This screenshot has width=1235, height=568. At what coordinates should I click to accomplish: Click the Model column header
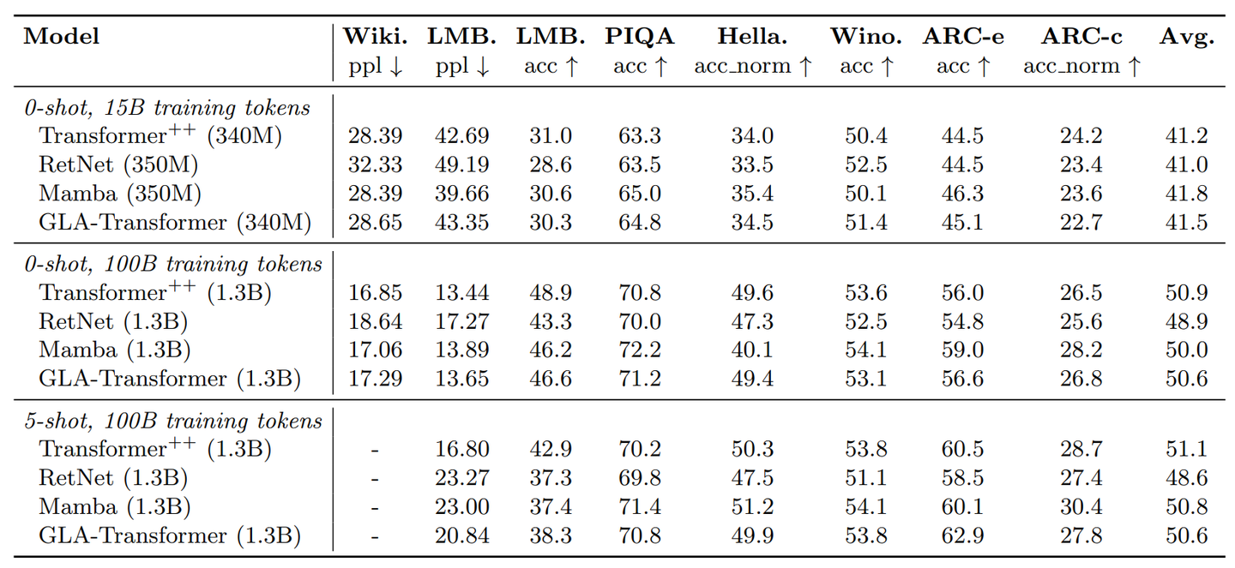[62, 37]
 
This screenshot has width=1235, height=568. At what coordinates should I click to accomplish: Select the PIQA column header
[640, 37]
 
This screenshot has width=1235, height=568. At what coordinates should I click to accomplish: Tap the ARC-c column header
[1081, 37]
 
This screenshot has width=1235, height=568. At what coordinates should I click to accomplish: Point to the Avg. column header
[1187, 37]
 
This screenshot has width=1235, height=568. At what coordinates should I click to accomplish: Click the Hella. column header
[752, 37]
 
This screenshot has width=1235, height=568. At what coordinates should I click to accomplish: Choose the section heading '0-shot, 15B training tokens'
[166, 108]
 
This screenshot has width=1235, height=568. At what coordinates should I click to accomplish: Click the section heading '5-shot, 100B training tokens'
[172, 421]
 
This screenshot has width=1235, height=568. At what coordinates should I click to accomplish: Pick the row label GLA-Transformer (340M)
[175, 223]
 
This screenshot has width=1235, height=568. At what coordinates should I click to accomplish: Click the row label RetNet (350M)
[118, 164]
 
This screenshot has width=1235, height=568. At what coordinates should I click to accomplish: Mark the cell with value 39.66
[462, 194]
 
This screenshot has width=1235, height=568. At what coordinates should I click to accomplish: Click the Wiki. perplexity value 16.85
[375, 293]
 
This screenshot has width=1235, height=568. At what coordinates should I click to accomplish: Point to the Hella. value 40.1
[752, 350]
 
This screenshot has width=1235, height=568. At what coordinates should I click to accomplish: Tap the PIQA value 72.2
[639, 350]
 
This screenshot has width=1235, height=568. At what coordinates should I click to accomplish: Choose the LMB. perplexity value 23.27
[462, 478]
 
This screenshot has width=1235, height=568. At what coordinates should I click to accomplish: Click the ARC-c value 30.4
[1081, 507]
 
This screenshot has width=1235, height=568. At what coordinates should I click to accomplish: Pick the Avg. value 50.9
[1187, 293]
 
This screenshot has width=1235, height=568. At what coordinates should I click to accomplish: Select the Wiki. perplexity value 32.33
[375, 164]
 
